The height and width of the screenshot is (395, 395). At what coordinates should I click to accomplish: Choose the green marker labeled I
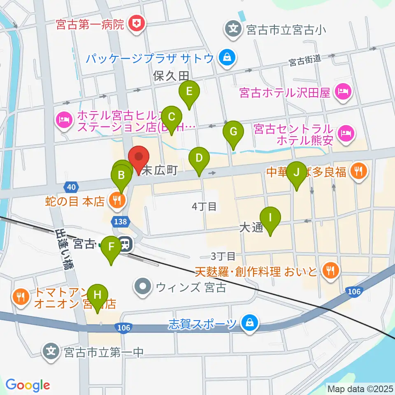(x=270, y=218)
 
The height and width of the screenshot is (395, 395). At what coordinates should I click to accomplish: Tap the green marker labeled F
(x=111, y=248)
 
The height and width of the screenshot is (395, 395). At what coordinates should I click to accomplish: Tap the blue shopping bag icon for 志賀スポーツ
(x=249, y=323)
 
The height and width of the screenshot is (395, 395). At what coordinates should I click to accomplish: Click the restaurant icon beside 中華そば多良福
(x=359, y=172)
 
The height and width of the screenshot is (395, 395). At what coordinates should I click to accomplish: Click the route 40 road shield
(x=72, y=187)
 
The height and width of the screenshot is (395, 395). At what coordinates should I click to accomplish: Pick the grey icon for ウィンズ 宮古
(x=143, y=286)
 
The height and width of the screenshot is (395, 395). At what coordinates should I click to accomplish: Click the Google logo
(x=28, y=385)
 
